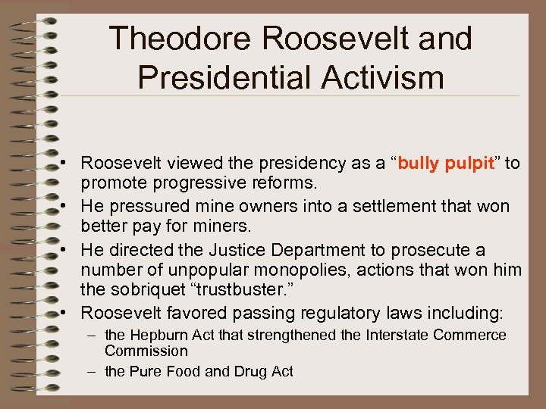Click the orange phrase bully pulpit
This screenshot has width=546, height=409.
coord(446,163)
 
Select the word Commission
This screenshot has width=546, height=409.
coord(146,351)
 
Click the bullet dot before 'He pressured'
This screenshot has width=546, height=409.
coord(68,207)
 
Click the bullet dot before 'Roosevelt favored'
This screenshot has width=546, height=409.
coord(68,314)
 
